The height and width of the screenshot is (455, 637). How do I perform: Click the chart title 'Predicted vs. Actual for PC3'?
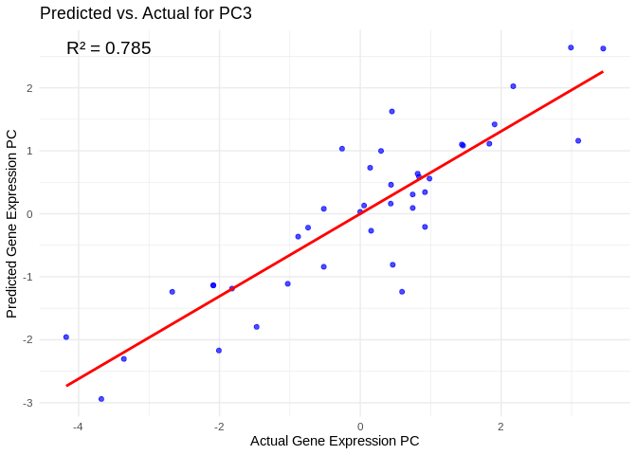coord(145,13)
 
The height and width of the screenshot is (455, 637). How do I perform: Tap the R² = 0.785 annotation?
coord(108,48)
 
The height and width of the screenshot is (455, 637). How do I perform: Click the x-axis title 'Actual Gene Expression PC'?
coord(335,441)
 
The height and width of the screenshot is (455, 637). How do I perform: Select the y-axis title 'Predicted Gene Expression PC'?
coord(12,223)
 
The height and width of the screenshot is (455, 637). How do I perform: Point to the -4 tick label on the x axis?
coord(78,427)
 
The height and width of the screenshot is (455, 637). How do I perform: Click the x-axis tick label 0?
coord(360,427)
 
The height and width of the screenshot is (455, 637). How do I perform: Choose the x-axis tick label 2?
coord(500,427)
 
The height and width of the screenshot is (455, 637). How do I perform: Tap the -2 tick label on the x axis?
coord(218,427)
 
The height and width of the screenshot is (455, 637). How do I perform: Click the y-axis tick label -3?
coord(29,403)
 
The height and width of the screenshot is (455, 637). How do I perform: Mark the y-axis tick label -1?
coord(29,277)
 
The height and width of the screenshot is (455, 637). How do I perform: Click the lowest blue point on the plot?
coord(101,399)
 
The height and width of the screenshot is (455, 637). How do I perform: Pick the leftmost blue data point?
coord(66,337)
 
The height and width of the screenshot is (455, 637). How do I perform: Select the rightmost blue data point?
coord(603,48)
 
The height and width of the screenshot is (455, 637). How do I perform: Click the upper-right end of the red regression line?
coord(603,71)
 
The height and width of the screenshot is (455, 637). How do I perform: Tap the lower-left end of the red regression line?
coord(66,385)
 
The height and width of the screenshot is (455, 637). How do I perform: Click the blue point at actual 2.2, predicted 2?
coord(513,86)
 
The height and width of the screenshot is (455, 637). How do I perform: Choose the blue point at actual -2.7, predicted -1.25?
coord(172,292)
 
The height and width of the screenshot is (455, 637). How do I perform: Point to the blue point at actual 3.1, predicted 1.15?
coord(578,140)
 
